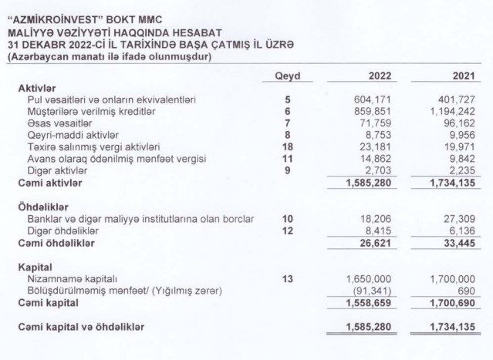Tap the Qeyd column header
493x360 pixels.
tap(287, 76)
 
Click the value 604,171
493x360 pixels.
tap(373, 99)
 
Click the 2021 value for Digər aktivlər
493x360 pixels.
tap(461, 170)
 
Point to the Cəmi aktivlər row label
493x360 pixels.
tap(50, 183)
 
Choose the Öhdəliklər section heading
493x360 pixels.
tap(43, 207)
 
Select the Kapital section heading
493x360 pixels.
tap(35, 267)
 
